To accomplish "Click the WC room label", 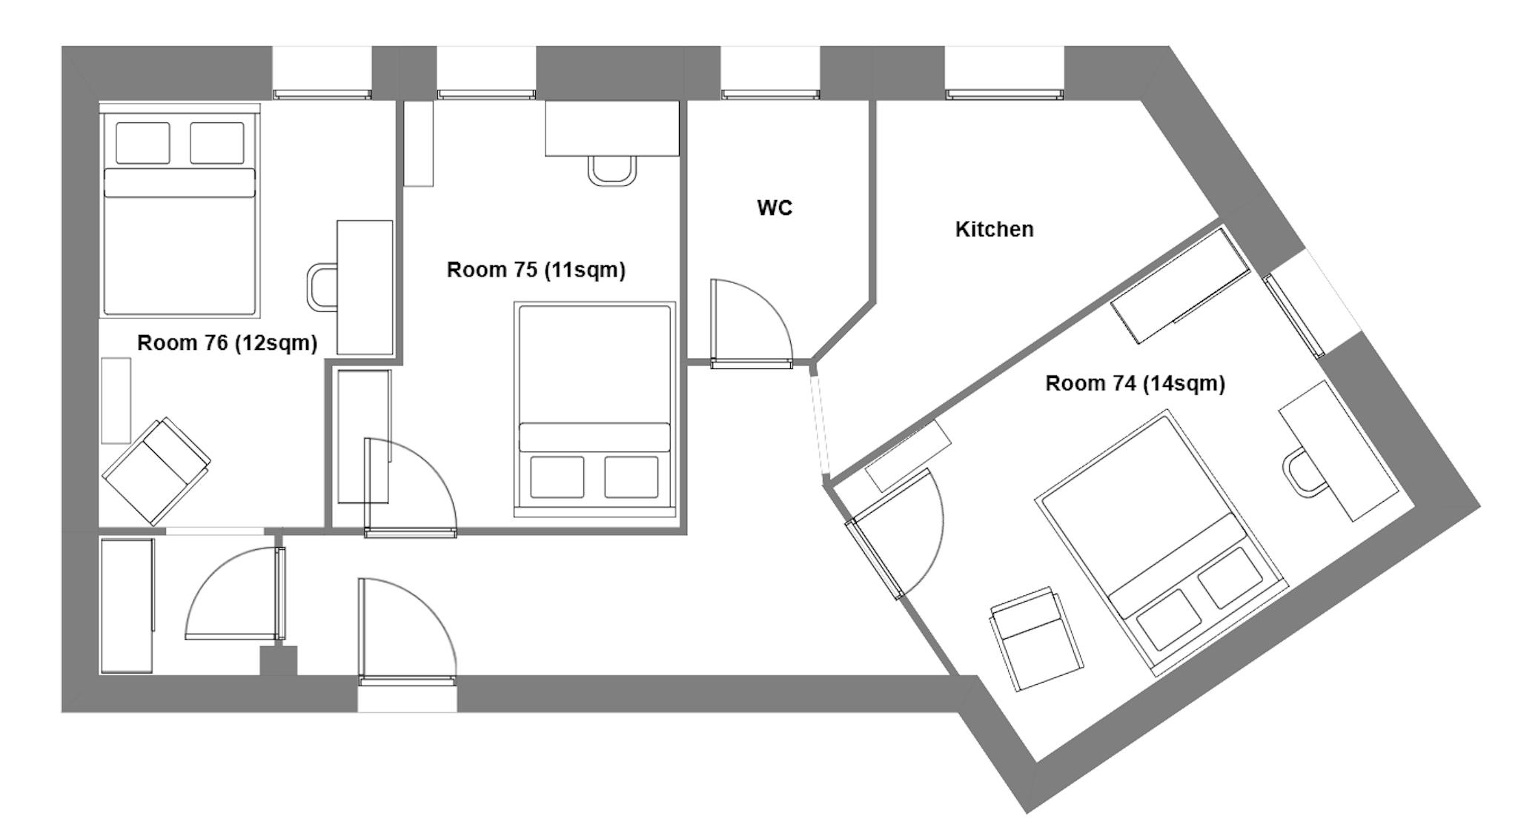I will click(x=775, y=208).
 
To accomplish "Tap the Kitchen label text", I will click(x=994, y=230).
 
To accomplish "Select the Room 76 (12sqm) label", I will click(x=227, y=343).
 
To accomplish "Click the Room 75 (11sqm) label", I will click(x=536, y=270).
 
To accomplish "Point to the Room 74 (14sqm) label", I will click(x=1135, y=384).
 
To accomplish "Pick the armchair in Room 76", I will click(x=156, y=471).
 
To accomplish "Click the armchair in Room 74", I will click(x=1035, y=638).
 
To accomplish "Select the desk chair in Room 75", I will click(x=611, y=170).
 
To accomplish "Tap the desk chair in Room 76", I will click(x=322, y=287).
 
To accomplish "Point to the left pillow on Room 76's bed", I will click(x=142, y=142).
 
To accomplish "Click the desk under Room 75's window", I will click(x=611, y=128).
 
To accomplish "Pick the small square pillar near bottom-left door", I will click(x=279, y=660).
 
